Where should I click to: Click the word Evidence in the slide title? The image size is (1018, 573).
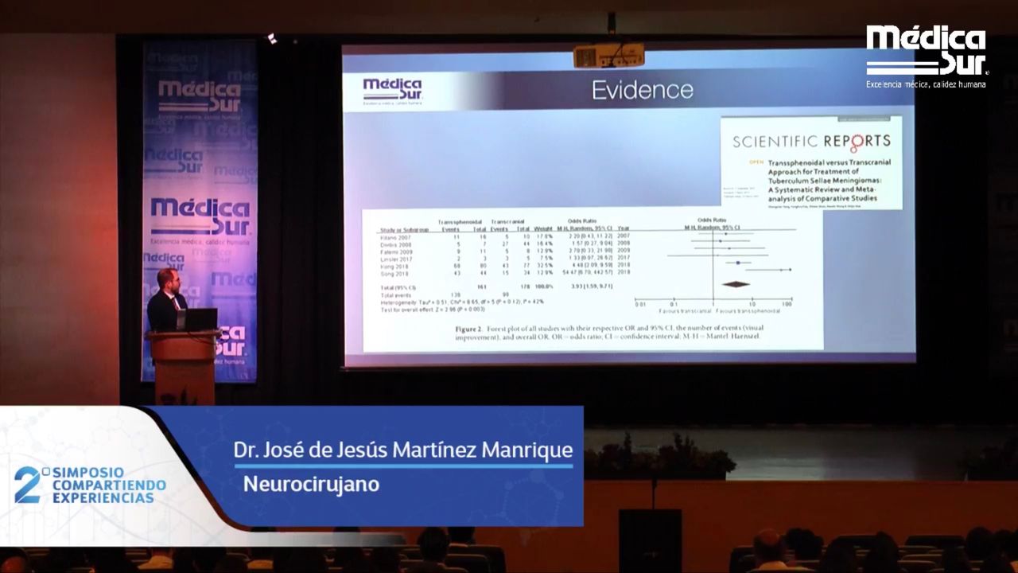642,90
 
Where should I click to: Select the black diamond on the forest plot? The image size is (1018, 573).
735,284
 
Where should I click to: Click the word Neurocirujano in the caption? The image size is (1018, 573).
311,483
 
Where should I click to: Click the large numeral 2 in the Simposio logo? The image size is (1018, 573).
27,485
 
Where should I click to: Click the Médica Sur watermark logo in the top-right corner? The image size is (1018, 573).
926,54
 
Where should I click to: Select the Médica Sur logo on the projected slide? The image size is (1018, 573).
392,91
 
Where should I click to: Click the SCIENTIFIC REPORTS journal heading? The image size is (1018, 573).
811,142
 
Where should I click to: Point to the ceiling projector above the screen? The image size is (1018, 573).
608,56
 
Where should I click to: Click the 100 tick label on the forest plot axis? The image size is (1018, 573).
787,304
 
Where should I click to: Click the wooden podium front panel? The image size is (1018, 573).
182,367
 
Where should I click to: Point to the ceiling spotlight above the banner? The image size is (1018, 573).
272,37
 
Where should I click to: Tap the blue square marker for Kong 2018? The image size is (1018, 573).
739,263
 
